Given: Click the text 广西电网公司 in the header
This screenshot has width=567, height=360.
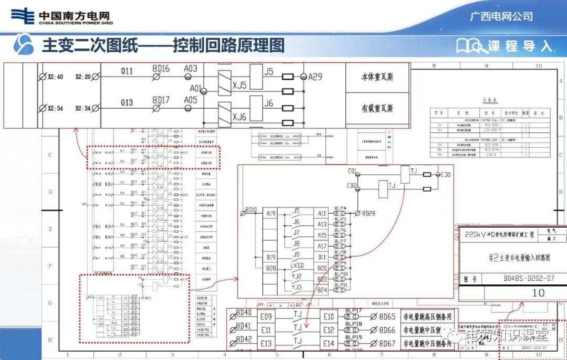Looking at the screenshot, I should pos(501,16).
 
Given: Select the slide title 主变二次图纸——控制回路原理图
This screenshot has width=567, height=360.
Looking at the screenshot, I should pos(163,46).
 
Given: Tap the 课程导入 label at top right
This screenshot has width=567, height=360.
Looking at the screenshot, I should pos(520,46).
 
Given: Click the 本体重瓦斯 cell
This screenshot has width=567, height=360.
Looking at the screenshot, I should pos(377,78).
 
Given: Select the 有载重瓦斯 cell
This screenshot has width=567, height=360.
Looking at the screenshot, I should pos(377,109).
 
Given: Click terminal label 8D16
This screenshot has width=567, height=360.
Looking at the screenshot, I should pos(161,69).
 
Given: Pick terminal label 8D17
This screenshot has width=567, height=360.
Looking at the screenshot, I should pos(161,100).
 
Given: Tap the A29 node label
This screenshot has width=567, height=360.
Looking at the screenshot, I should pos(315,77).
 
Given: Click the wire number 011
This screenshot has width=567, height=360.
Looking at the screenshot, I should pos(127,71).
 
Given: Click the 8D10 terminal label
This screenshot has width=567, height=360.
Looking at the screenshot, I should pos(251,210).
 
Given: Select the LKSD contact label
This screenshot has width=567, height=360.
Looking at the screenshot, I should pos(297,266).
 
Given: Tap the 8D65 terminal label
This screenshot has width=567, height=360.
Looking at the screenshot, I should pos(387,317).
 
